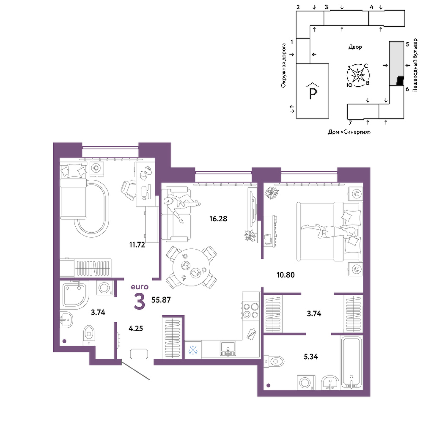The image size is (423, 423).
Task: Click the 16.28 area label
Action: coord(218,219)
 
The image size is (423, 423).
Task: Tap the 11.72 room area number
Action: coord(137,245)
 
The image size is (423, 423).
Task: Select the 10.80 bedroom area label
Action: coord(286,275)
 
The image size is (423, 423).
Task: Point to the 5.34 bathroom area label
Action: coord(311,357)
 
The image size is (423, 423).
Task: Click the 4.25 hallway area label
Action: coord(136,329)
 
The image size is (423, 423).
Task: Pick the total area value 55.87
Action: coord(161,300)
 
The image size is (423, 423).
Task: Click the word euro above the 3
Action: coord(140,287)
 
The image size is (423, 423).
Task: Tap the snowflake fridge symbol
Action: coord(193,350)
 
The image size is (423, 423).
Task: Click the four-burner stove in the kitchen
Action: coord(250,310)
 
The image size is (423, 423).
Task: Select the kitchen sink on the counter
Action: coord(228,349)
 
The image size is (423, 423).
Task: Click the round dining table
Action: coord(192,268)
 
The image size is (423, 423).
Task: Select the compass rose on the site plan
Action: coord(358,75)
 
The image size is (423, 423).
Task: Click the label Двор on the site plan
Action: coord(355,47)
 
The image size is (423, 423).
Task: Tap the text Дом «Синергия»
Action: coord(349,132)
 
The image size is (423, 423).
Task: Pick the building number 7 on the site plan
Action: coord(350,123)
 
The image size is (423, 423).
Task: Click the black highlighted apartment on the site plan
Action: coord(400,81)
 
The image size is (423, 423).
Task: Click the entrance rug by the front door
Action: coord(139,354)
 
